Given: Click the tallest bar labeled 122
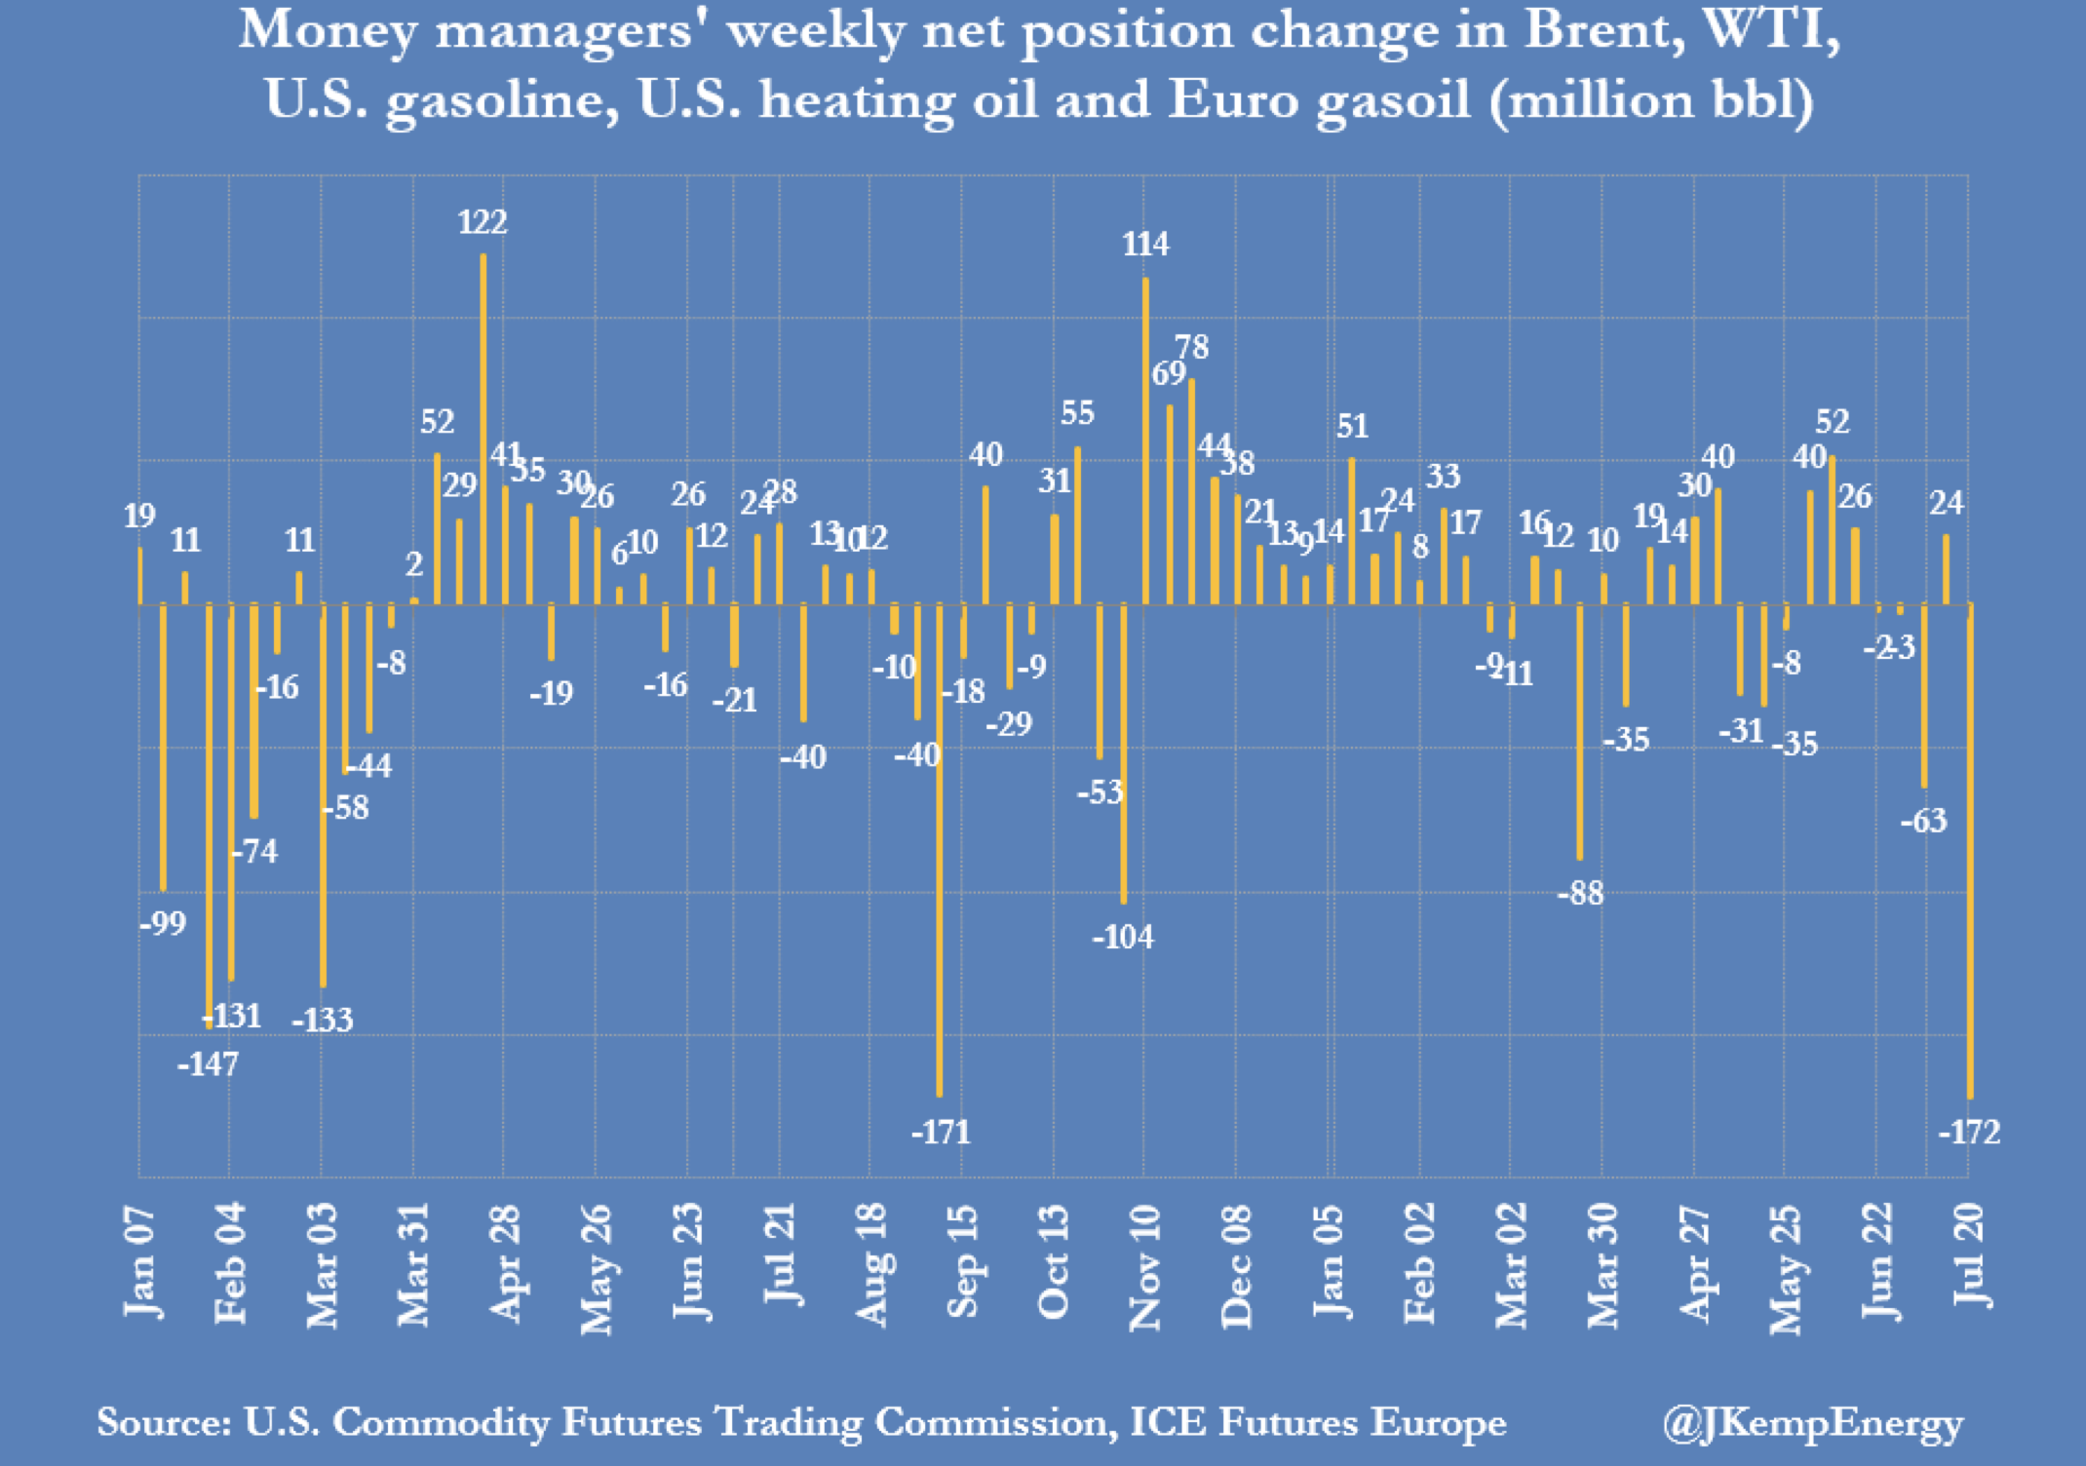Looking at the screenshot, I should [x=483, y=429].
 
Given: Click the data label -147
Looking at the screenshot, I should [x=208, y=1063].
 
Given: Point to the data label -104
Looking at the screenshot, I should [x=1123, y=937].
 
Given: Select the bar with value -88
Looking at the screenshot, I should [x=1580, y=731].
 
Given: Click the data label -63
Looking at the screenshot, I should [x=1923, y=821].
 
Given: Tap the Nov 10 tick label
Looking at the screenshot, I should [x=1145, y=1267].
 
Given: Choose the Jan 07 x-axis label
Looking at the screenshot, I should [x=140, y=1262].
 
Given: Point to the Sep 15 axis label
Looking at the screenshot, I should [x=962, y=1262].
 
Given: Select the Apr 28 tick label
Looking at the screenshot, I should [x=505, y=1263].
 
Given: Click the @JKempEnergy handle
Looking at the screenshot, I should [x=1813, y=1423].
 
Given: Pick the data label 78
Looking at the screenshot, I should [x=1191, y=347].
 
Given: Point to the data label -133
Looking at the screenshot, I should [x=323, y=1020].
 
